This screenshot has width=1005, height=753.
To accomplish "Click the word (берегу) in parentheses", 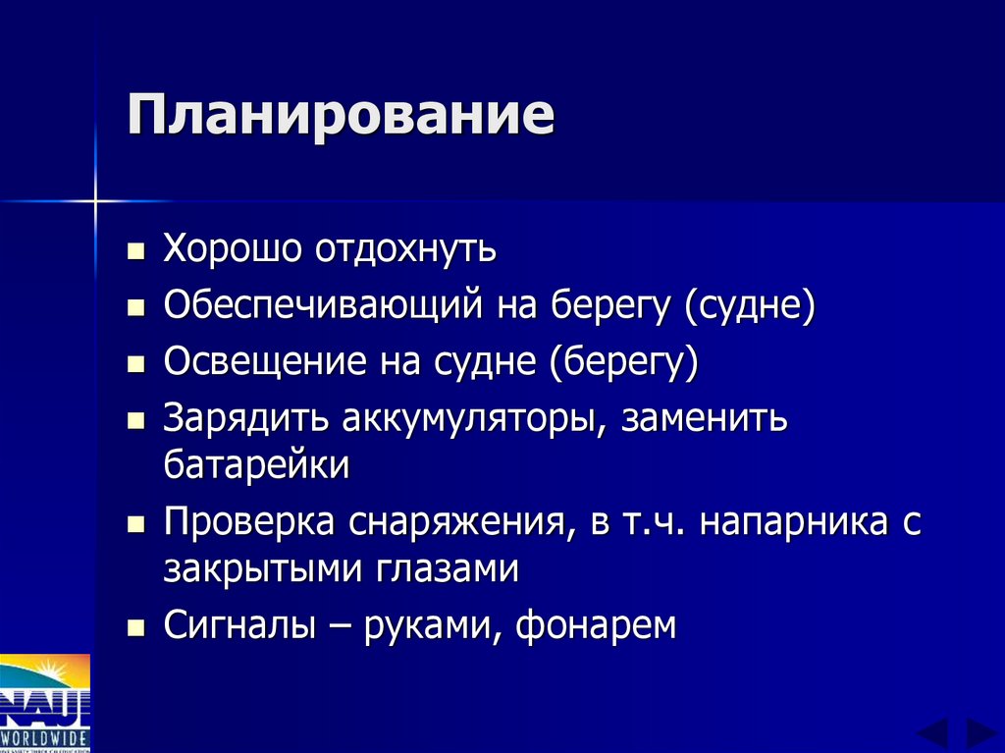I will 624,363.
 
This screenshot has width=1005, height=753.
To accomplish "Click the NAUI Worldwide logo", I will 45,702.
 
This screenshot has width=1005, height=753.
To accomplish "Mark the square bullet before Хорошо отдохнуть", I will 135,251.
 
